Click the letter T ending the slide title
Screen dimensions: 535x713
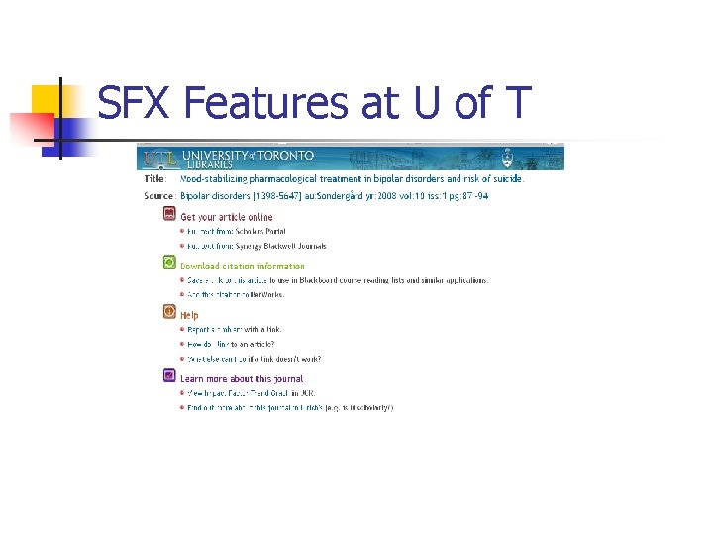click(x=517, y=102)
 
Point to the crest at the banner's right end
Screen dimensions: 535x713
click(x=507, y=157)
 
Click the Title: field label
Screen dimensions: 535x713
click(x=155, y=179)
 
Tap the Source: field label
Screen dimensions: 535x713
click(x=158, y=196)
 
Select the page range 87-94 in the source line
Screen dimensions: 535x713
click(x=473, y=196)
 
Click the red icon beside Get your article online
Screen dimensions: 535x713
click(x=169, y=215)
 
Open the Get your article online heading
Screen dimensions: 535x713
click(x=227, y=216)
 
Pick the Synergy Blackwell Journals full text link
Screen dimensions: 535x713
click(x=256, y=246)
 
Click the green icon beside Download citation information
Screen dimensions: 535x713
click(x=169, y=263)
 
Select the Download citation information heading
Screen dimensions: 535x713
click(x=243, y=266)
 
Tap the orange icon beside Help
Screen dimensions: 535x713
click(x=169, y=312)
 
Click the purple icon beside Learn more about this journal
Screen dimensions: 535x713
click(x=169, y=375)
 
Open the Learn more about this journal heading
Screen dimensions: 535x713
click(x=242, y=378)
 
